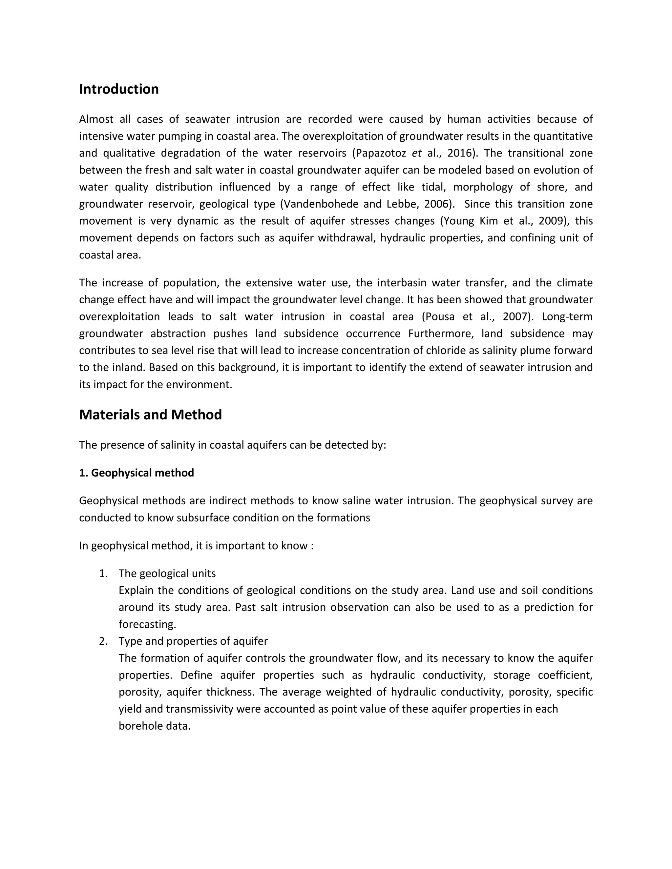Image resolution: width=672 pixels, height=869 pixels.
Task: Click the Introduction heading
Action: click(119, 89)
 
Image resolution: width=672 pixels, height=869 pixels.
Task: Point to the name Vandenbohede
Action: click(321, 204)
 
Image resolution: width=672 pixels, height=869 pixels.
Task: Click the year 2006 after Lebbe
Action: click(437, 204)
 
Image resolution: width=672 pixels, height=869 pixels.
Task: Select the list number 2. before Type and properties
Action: click(103, 641)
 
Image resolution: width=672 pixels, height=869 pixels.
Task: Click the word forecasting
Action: click(147, 624)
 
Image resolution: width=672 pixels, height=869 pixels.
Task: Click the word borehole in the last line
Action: click(138, 726)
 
